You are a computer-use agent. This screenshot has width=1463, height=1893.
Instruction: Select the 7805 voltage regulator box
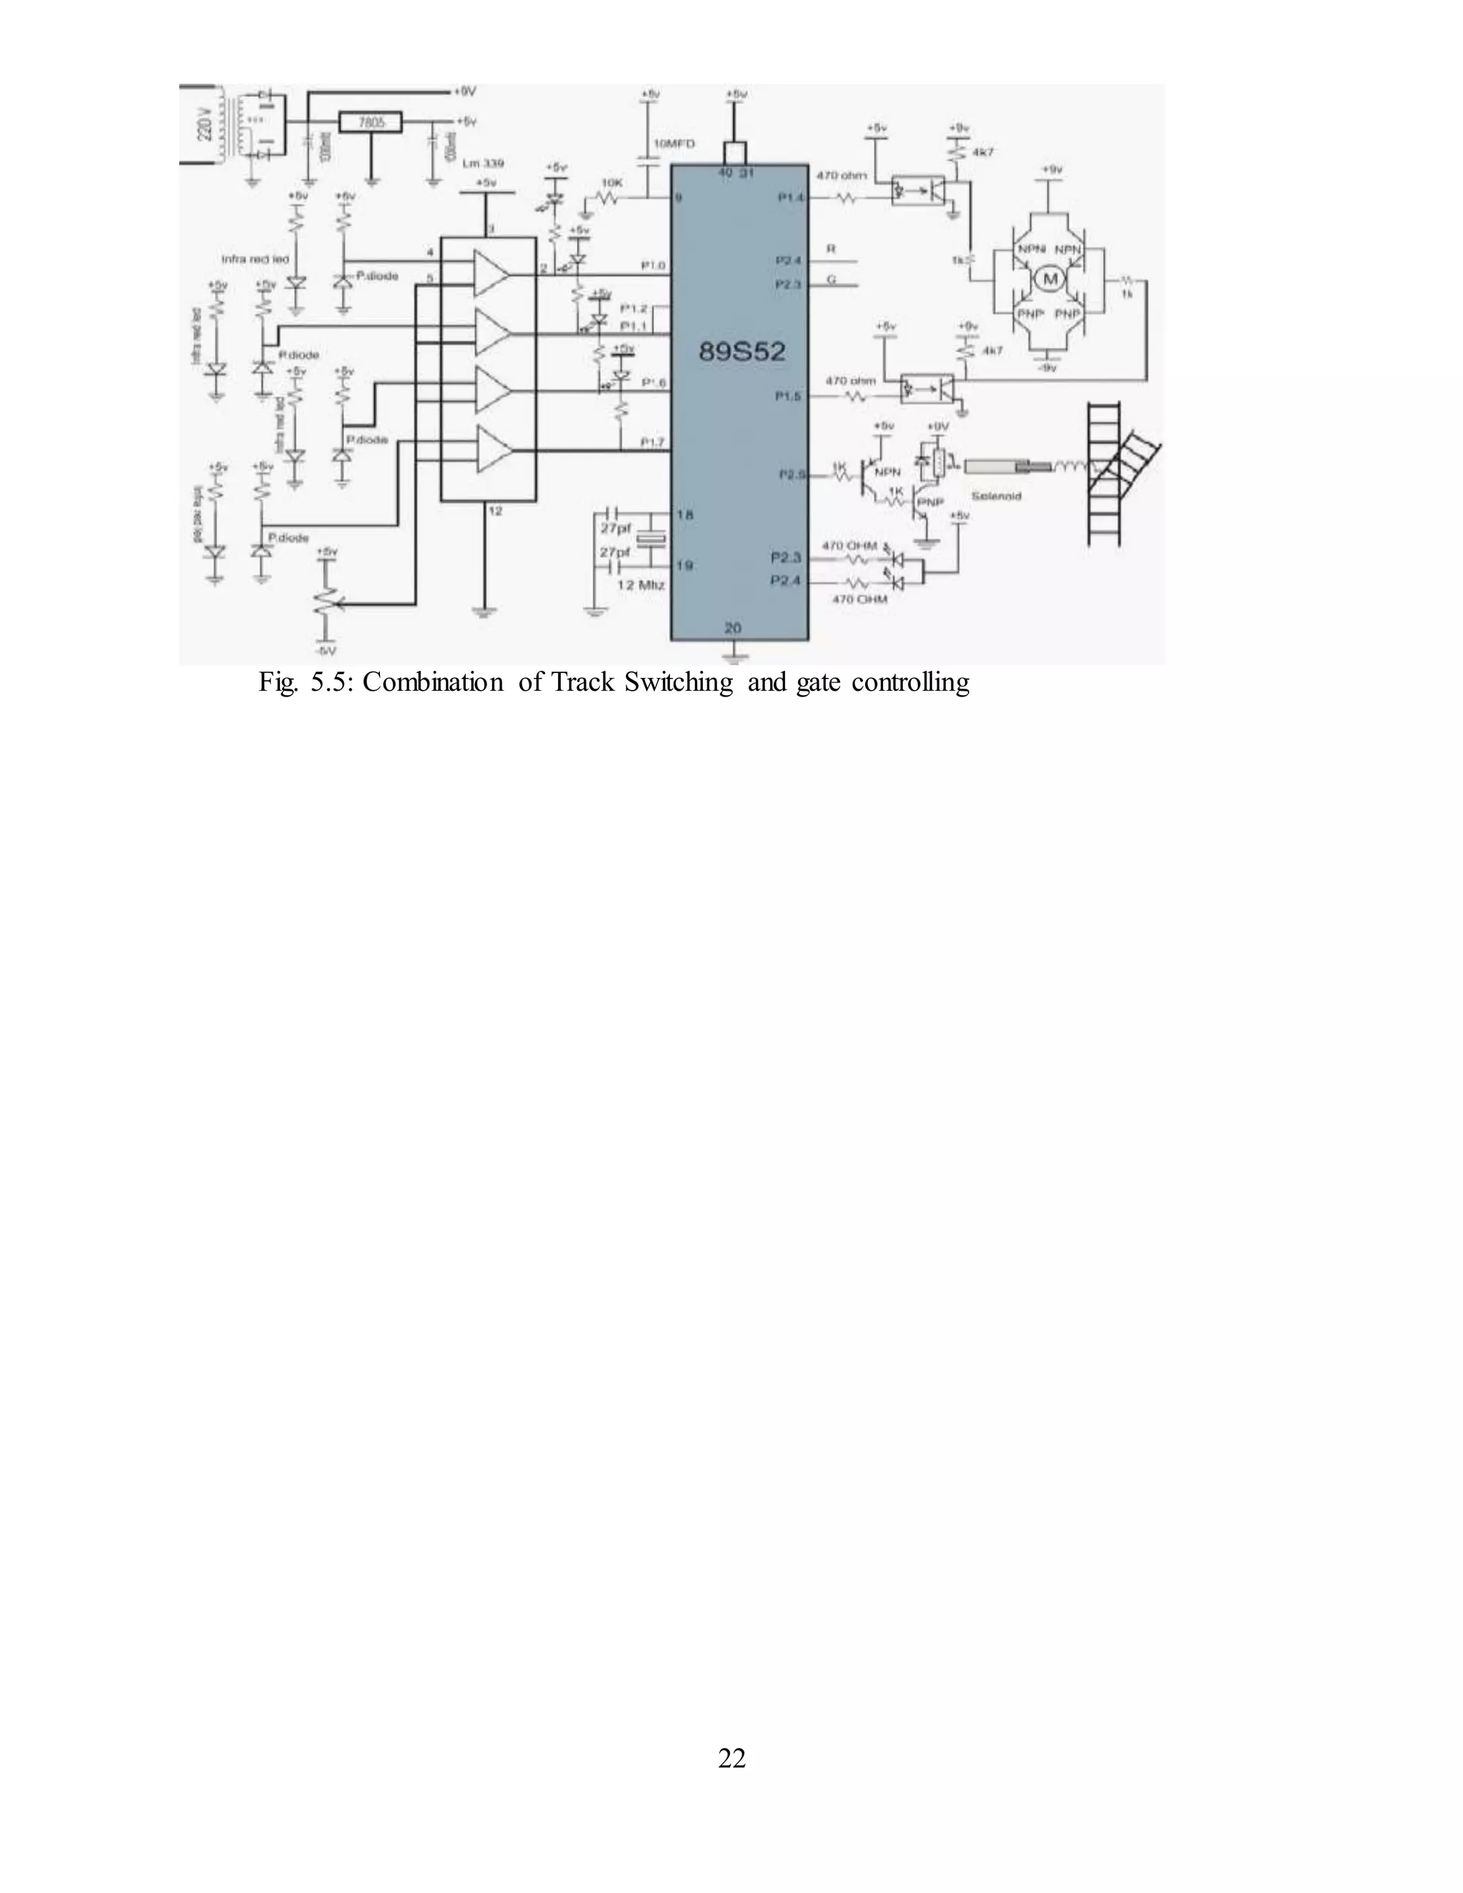coord(371,123)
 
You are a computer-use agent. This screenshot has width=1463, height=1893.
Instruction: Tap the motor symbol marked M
coord(1052,278)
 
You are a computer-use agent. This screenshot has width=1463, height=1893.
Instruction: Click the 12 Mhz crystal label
coord(641,585)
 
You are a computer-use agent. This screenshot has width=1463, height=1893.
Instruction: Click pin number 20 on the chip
coord(733,629)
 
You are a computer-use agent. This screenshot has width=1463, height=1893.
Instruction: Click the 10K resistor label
coord(612,183)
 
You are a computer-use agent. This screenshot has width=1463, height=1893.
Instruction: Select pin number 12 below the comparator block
coord(495,511)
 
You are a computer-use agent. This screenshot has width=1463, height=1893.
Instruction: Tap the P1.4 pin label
coord(792,198)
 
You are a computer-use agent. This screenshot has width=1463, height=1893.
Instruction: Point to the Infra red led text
coord(256,259)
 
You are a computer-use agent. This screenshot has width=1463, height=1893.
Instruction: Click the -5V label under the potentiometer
coord(326,650)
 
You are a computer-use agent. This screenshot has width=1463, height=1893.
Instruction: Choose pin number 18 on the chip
coord(684,515)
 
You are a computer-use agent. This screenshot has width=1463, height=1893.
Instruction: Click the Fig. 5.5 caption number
coord(308,683)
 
